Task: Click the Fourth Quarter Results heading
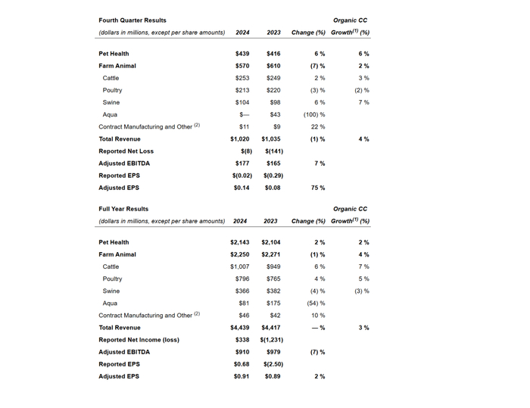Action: (x=132, y=20)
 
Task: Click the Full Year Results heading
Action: (x=123, y=209)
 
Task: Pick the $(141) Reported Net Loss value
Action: (x=274, y=151)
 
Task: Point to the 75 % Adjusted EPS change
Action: (x=318, y=188)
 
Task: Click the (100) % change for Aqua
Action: (x=313, y=115)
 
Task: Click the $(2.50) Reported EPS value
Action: (x=273, y=364)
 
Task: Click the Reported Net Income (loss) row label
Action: (x=139, y=340)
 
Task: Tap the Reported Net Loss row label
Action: (x=126, y=151)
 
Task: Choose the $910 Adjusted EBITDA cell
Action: (x=242, y=352)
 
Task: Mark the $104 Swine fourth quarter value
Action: (x=242, y=102)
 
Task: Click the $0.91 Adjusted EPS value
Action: (x=242, y=376)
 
